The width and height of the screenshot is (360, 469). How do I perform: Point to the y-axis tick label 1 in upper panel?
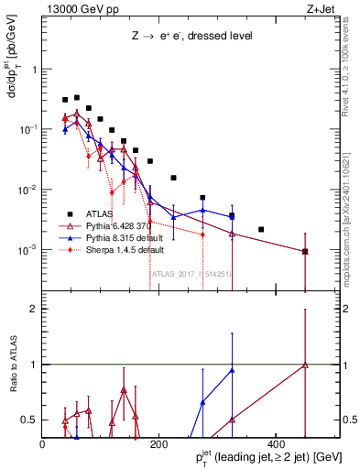pos(35,70)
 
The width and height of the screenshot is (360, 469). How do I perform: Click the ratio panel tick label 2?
pos(35,309)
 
